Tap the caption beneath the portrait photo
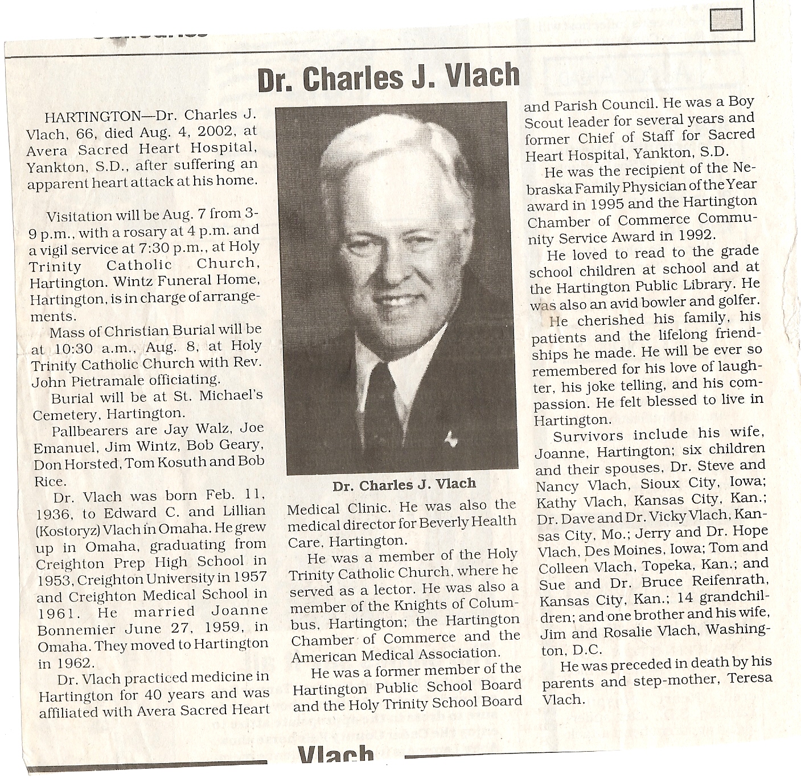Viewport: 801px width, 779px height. [404, 485]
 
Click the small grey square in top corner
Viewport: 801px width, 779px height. [727, 22]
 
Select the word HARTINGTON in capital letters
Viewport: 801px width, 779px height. [91, 117]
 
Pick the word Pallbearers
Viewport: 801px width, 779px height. [85, 429]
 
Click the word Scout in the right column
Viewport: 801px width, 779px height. [544, 122]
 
